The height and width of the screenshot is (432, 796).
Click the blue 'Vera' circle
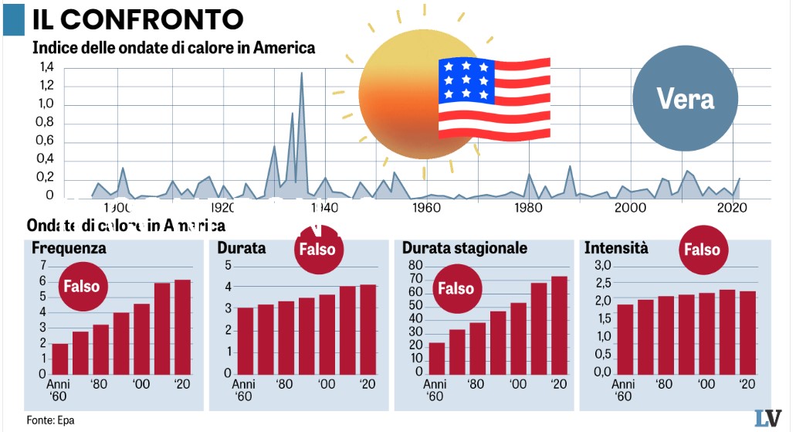pyautogui.click(x=685, y=98)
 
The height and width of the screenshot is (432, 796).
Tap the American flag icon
pyautogui.click(x=494, y=98)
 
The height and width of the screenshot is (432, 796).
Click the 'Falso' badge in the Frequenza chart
pyautogui.click(x=81, y=286)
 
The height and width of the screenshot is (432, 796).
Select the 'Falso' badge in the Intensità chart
pyautogui.click(x=702, y=249)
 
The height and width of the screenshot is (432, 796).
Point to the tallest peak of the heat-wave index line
pyautogui.click(x=301, y=74)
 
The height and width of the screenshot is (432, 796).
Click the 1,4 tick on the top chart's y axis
pyautogui.click(x=47, y=67)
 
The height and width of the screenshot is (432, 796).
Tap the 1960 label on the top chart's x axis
pyautogui.click(x=426, y=208)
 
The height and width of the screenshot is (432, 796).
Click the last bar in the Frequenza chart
pyautogui.click(x=182, y=326)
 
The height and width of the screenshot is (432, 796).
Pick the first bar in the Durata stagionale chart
pyautogui.click(x=437, y=358)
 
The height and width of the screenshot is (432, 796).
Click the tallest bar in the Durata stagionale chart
pyautogui.click(x=559, y=325)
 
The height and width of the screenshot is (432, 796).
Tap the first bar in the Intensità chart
pyautogui.click(x=625, y=338)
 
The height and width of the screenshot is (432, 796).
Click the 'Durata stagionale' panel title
pyautogui.click(x=465, y=248)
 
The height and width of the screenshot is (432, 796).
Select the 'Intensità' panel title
pyautogui.click(x=616, y=248)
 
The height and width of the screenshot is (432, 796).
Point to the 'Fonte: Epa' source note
pyautogui.click(x=50, y=420)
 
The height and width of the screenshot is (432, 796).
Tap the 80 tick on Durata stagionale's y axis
pyautogui.click(x=415, y=266)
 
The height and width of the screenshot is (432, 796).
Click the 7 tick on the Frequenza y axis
pyautogui.click(x=42, y=266)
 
